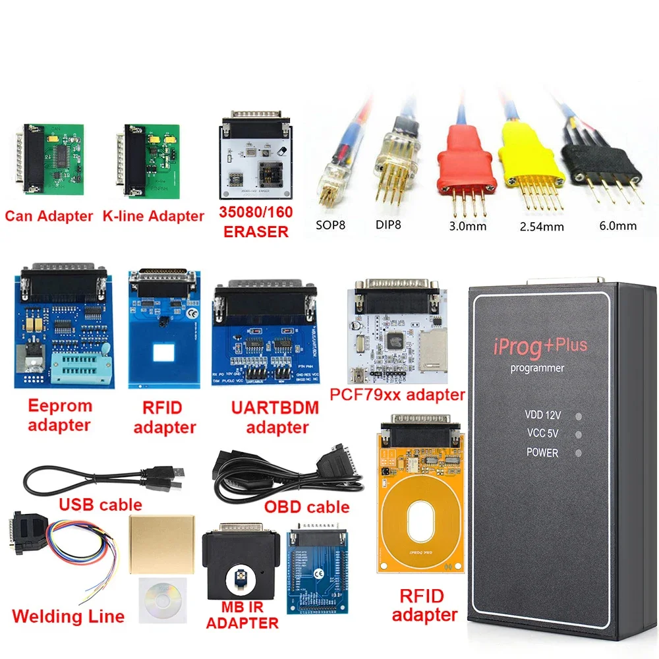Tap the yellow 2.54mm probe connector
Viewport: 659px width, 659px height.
531,159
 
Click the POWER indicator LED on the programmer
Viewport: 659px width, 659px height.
578,453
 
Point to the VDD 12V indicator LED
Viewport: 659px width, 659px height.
578,416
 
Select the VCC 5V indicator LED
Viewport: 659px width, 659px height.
578,435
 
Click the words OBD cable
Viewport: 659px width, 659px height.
306,507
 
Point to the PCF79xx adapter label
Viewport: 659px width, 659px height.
398,395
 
